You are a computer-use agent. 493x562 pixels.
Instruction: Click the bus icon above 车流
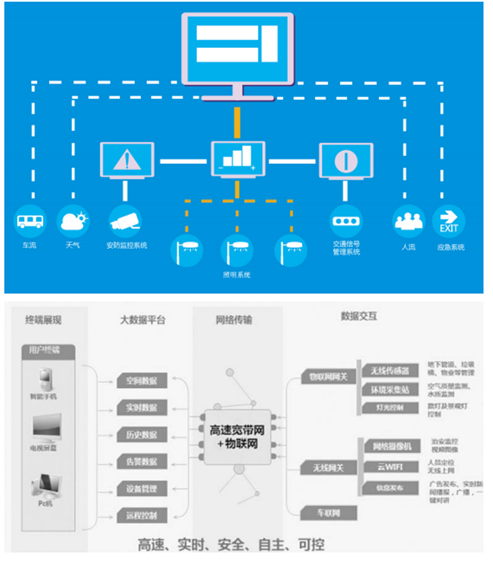(x=29, y=220)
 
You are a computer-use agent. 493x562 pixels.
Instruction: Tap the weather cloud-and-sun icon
(x=73, y=220)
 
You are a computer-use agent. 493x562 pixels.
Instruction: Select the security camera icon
(x=125, y=220)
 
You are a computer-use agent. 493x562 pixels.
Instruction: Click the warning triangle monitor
(x=126, y=160)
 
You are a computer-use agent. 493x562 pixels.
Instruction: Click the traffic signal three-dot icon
(x=346, y=221)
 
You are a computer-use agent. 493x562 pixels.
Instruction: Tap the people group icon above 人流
(x=408, y=220)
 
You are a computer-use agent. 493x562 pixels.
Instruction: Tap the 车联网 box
(x=328, y=513)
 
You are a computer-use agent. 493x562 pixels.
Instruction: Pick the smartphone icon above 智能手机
(x=44, y=376)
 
